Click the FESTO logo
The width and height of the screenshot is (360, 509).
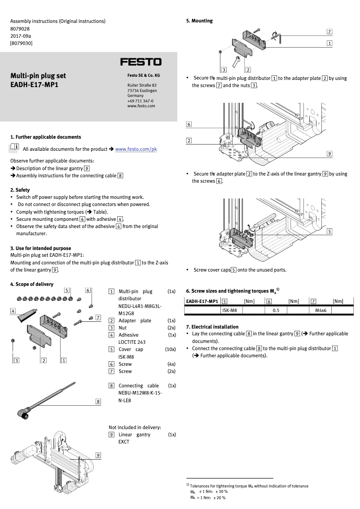140,62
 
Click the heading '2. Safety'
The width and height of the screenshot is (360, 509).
20,190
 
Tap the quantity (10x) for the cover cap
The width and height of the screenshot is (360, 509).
170,349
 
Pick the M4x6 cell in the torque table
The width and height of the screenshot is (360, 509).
320,310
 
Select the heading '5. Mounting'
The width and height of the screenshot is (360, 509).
199,21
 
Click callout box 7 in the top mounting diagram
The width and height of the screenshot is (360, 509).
329,32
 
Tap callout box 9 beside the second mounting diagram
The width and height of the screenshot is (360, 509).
329,154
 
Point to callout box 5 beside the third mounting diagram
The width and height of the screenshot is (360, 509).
329,231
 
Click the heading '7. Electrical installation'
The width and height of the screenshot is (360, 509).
212,327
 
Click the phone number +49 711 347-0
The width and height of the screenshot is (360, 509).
140,101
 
